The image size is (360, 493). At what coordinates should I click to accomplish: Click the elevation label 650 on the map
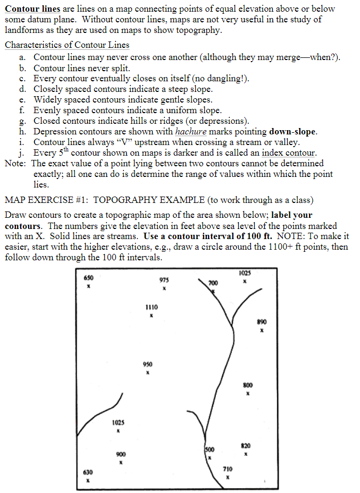89,277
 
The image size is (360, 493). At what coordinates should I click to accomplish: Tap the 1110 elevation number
152,307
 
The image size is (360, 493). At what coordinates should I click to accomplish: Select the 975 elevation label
165,280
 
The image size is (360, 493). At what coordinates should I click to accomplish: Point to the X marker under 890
262,330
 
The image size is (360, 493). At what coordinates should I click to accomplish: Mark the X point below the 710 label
227,477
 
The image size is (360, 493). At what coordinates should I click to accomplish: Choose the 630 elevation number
88,472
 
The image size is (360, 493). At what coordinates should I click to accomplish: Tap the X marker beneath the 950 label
148,372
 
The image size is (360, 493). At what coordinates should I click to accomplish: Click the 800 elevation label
248,385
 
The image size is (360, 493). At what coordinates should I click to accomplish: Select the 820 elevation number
246,445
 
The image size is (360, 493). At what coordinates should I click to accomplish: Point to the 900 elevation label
121,454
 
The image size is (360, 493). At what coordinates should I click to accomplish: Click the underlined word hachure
190,132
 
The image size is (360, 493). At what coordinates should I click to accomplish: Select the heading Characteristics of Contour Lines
67,45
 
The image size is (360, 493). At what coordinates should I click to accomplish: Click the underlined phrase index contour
289,153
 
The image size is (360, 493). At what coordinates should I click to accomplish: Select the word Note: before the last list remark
16,164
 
